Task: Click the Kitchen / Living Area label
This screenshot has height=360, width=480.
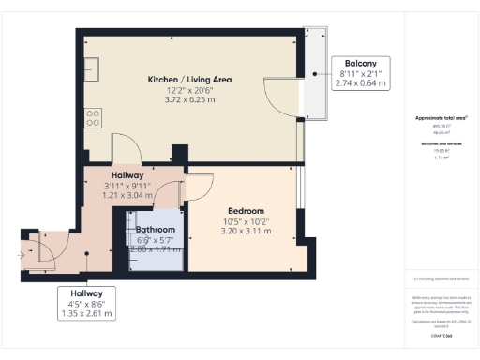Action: tap(189, 80)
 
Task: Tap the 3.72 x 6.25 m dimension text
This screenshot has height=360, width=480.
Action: tap(189, 99)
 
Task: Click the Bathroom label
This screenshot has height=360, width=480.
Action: tap(156, 229)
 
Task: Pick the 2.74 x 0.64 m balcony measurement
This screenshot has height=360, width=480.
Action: tap(361, 83)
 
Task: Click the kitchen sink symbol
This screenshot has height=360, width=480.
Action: tap(94, 68)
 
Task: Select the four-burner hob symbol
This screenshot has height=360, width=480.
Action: tap(94, 117)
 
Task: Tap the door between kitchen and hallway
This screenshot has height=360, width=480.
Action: tap(125, 149)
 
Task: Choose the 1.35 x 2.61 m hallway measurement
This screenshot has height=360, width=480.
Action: tap(85, 314)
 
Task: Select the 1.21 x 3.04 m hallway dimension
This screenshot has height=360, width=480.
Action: tap(127, 196)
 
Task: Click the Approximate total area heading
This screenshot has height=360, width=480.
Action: tap(441, 118)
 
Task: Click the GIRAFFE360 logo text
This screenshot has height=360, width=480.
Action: tap(441, 334)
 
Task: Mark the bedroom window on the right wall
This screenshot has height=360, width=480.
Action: tap(298, 196)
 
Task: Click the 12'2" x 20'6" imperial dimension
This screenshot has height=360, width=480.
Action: tap(189, 90)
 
